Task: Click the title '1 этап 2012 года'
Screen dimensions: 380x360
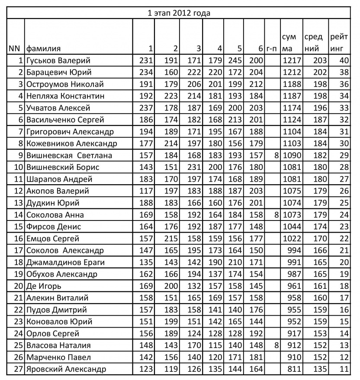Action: coord(179,13)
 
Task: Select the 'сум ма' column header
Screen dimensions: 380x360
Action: coord(289,43)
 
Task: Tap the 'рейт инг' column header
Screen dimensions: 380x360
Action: coord(339,43)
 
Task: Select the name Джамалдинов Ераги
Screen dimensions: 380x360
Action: coord(65,262)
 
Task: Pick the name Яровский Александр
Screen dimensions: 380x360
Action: coord(66,369)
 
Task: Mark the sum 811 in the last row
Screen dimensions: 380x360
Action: coord(294,369)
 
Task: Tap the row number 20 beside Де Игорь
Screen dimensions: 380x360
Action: coord(18,286)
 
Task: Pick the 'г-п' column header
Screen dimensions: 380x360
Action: coord(272,48)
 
